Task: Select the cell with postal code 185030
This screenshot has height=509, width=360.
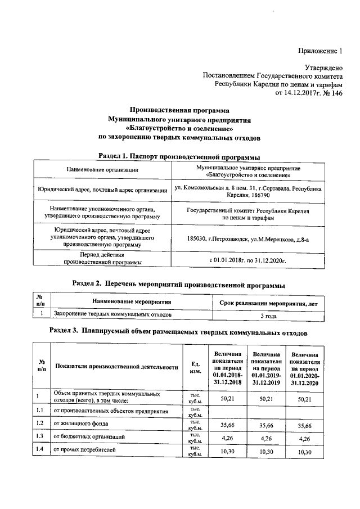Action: point(248,238)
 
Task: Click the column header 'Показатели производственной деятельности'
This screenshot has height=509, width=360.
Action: point(116,367)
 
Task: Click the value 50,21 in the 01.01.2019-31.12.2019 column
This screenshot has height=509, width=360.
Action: point(266,399)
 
